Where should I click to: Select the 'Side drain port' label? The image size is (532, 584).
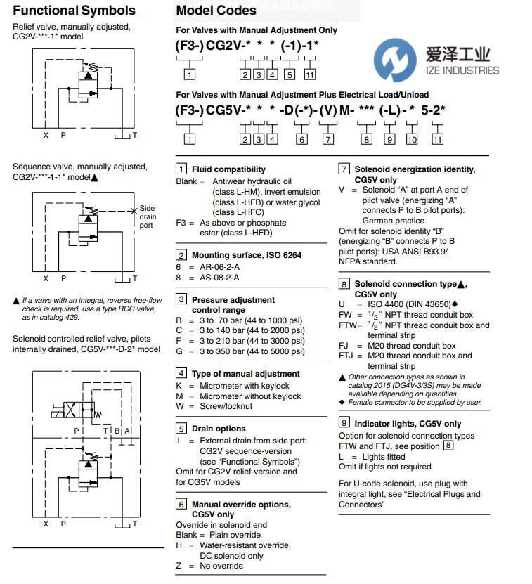(147, 216)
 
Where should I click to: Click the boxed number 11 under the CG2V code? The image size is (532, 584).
(310, 75)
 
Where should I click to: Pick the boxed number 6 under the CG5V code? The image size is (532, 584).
(301, 139)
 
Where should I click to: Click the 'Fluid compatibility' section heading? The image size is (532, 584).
(228, 169)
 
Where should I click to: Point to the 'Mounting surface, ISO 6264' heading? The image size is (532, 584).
(247, 255)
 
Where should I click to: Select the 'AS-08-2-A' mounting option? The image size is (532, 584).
(221, 278)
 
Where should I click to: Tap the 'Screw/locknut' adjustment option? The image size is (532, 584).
(227, 406)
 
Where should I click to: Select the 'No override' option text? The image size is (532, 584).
(221, 566)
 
